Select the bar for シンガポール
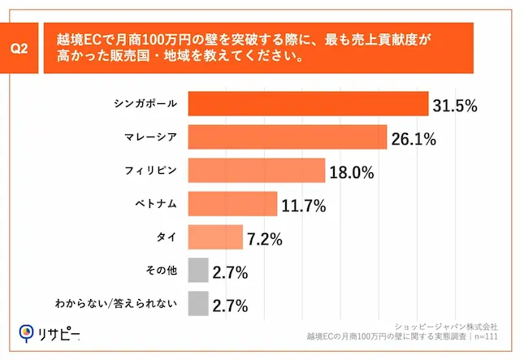tap(308, 104)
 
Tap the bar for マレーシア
tap(287, 137)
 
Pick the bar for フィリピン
tap(256, 171)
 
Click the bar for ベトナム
tap(232, 204)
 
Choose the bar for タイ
tap(215, 237)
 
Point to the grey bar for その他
tap(197, 271)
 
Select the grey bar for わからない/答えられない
tap(197, 304)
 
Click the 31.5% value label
tap(455, 105)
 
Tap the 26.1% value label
tap(414, 138)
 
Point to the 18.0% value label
tap(351, 171)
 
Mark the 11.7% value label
tap(303, 205)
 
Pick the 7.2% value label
tap(264, 238)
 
